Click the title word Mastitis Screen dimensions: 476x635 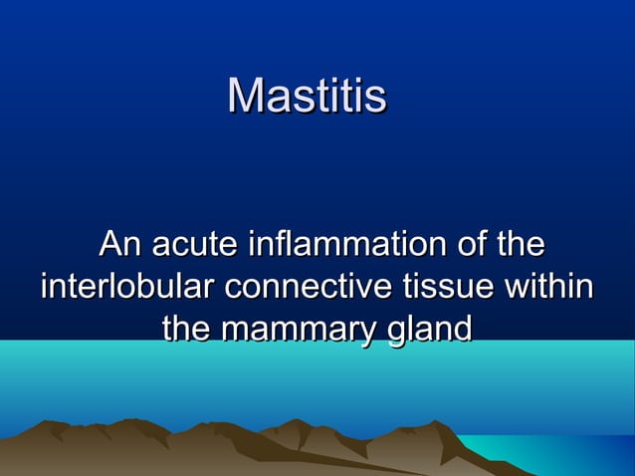(x=307, y=97)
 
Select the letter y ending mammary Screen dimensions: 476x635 (x=372, y=333)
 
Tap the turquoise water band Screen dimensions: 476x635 (x=318, y=383)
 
